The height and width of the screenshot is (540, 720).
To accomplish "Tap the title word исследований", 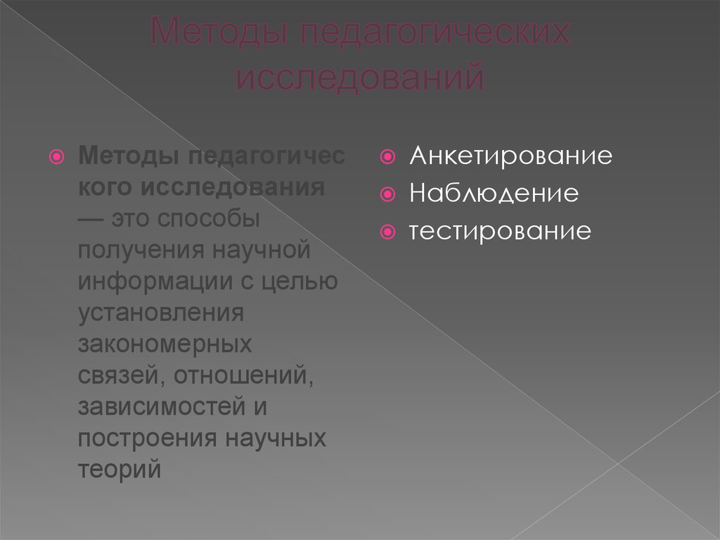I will (359, 77).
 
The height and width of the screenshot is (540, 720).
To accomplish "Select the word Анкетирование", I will (511, 156).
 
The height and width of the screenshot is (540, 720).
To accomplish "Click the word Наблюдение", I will (494, 193).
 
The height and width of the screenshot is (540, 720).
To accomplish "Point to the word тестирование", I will (501, 230).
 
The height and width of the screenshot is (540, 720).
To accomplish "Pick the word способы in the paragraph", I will (209, 219).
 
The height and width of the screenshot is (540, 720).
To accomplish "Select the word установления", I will (161, 313).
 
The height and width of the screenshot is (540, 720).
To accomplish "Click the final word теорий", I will (120, 469).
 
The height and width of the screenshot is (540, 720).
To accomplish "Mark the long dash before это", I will (92, 219).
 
